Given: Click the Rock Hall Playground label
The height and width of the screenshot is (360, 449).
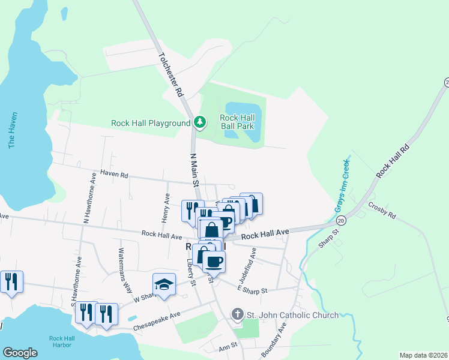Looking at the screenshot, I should (150, 123).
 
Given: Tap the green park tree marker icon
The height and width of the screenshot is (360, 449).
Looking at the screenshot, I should (200, 123).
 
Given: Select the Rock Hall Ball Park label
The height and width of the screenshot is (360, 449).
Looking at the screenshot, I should (237, 122).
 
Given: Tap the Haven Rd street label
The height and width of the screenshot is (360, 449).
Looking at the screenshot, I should (115, 175).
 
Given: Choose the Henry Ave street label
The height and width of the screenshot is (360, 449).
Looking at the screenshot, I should (166, 207).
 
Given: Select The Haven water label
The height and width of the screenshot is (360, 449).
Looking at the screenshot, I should (12, 130).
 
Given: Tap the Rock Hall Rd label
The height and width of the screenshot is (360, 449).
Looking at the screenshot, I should (393, 160).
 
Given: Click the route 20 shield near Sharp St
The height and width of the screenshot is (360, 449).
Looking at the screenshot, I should (341, 221).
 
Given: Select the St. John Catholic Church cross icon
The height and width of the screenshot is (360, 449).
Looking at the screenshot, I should (237, 314).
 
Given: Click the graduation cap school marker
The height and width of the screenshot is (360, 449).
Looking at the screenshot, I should (164, 284).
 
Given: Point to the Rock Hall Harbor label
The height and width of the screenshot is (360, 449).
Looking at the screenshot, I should (61, 341).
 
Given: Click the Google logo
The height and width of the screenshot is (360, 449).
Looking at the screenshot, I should (20, 353).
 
